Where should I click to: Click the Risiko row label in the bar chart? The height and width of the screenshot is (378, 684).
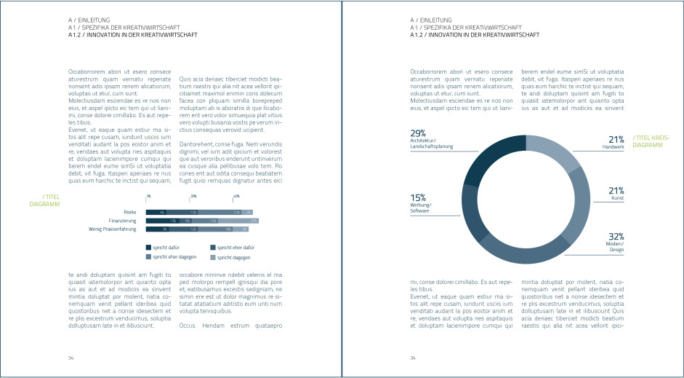(130, 212)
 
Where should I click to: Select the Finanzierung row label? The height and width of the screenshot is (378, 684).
(123, 220)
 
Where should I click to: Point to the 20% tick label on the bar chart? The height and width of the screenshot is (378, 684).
(193, 197)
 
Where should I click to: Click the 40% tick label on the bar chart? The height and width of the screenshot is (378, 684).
(236, 197)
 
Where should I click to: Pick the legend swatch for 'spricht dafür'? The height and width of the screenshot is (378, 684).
(148, 247)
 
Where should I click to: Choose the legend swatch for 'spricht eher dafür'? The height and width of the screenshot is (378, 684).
(213, 247)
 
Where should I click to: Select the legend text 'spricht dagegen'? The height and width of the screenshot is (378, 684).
(233, 257)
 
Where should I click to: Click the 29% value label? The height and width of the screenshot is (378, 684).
(418, 133)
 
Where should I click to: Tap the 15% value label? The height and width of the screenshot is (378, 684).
(418, 197)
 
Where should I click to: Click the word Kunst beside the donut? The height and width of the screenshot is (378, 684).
(617, 198)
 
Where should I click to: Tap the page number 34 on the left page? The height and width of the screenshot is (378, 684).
(71, 358)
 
